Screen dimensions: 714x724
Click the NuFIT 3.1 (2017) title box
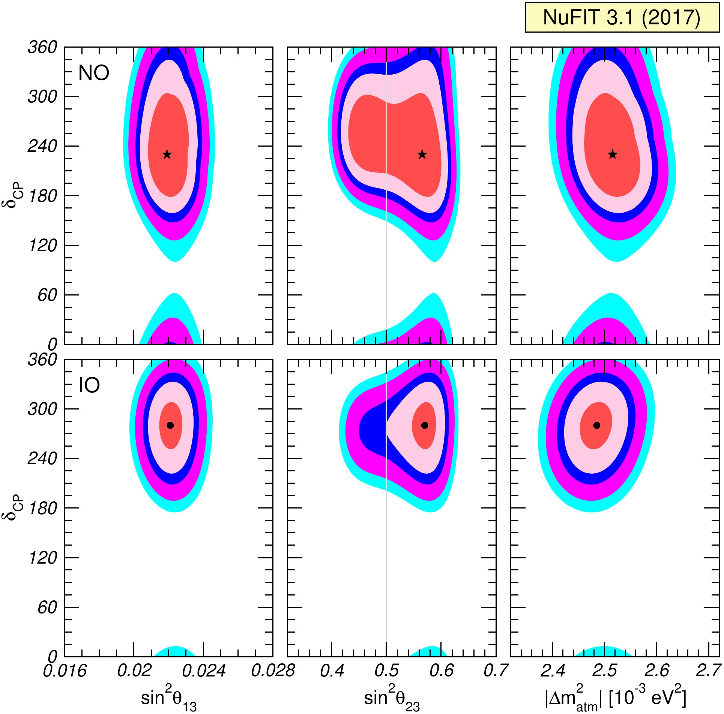pyautogui.click(x=622, y=17)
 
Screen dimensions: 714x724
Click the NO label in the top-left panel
pyautogui.click(x=93, y=73)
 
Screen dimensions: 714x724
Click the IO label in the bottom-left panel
pyautogui.click(x=89, y=385)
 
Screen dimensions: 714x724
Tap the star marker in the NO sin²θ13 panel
pyautogui.click(x=167, y=154)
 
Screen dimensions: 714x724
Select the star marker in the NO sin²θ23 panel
pyautogui.click(x=422, y=154)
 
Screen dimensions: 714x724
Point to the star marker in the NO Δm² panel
pyautogui.click(x=613, y=154)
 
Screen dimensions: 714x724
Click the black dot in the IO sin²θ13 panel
pyautogui.click(x=170, y=425)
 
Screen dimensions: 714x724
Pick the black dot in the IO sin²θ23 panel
pyautogui.click(x=425, y=425)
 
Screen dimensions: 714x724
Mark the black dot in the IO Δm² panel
pyautogui.click(x=597, y=425)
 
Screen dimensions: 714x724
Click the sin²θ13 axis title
pyautogui.click(x=168, y=700)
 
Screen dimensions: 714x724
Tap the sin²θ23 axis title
pyautogui.click(x=392, y=700)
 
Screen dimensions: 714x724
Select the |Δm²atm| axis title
pyautogui.click(x=616, y=699)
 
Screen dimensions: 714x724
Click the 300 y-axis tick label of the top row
pyautogui.click(x=42, y=97)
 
